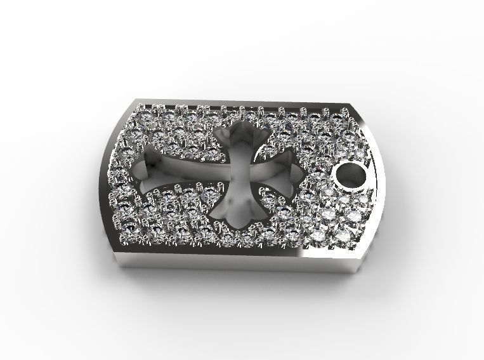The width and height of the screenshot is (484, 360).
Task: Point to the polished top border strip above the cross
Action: coord(241,103)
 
